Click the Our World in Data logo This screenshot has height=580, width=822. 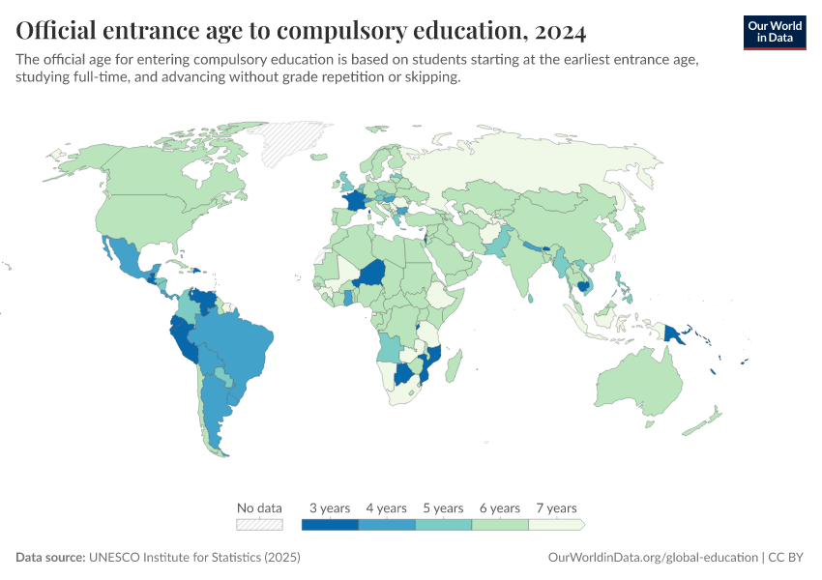774,32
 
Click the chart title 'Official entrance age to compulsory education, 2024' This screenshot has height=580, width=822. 301,31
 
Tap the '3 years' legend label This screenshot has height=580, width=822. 330,507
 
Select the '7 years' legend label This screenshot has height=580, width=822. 556,507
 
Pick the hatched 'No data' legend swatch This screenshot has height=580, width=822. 260,525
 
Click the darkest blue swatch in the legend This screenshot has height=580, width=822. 330,525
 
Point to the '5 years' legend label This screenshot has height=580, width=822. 443,507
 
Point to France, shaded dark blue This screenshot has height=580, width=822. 356,202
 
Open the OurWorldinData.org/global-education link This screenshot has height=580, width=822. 653,558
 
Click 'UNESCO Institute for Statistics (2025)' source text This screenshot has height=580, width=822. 194,558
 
